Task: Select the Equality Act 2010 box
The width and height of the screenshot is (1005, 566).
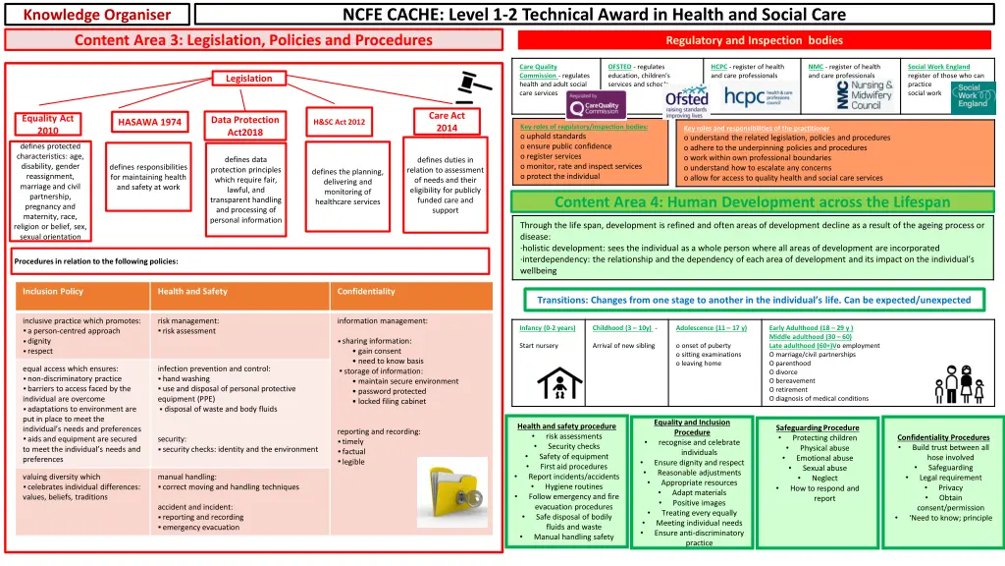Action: [x=47, y=125]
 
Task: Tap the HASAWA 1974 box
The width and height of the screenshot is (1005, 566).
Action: [x=149, y=123]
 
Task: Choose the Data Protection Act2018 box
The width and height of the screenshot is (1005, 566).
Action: [x=244, y=126]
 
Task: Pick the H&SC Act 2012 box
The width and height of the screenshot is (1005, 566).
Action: [x=339, y=122]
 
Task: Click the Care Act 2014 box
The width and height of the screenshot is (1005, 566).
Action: [x=447, y=122]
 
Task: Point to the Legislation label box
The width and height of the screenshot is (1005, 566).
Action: [x=249, y=79]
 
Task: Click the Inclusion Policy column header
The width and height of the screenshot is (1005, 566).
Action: [x=53, y=292]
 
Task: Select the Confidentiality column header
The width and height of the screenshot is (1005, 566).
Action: [x=367, y=292]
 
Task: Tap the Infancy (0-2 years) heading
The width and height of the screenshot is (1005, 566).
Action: [x=548, y=328]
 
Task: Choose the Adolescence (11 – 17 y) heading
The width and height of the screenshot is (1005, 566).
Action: [x=712, y=328]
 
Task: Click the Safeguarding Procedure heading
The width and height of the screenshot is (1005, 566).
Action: [x=818, y=428]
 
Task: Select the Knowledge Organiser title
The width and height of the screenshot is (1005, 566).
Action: [x=96, y=15]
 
